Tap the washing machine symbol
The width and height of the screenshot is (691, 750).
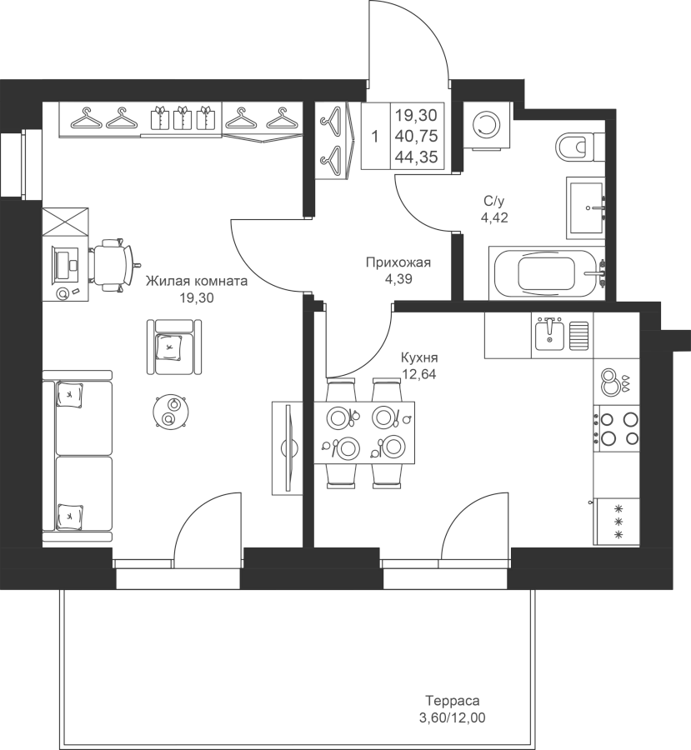pos(485,126)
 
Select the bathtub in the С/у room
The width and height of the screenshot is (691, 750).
pos(547,273)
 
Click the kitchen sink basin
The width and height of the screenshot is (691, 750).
pos(549,333)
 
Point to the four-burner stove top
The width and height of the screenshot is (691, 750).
pos(616,428)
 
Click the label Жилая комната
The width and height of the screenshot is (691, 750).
pos(197,281)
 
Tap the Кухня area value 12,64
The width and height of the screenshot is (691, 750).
pos(419,374)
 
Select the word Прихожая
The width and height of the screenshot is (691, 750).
pos(398,262)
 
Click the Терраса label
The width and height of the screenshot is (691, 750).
pos(453,701)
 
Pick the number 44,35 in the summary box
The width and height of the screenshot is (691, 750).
pos(416,157)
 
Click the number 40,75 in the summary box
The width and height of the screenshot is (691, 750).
pos(416,137)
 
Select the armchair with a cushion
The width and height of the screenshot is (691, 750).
pos(173,347)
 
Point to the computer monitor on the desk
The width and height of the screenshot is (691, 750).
pos(61,264)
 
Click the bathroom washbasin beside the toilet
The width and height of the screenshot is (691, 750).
pos(586,207)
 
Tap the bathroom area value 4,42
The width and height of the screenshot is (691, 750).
pos(494,218)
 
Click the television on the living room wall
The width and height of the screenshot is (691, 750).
pos(288,447)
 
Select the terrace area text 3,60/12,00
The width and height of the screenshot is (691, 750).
pos(453,717)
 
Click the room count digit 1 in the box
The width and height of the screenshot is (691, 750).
pos(375,137)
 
